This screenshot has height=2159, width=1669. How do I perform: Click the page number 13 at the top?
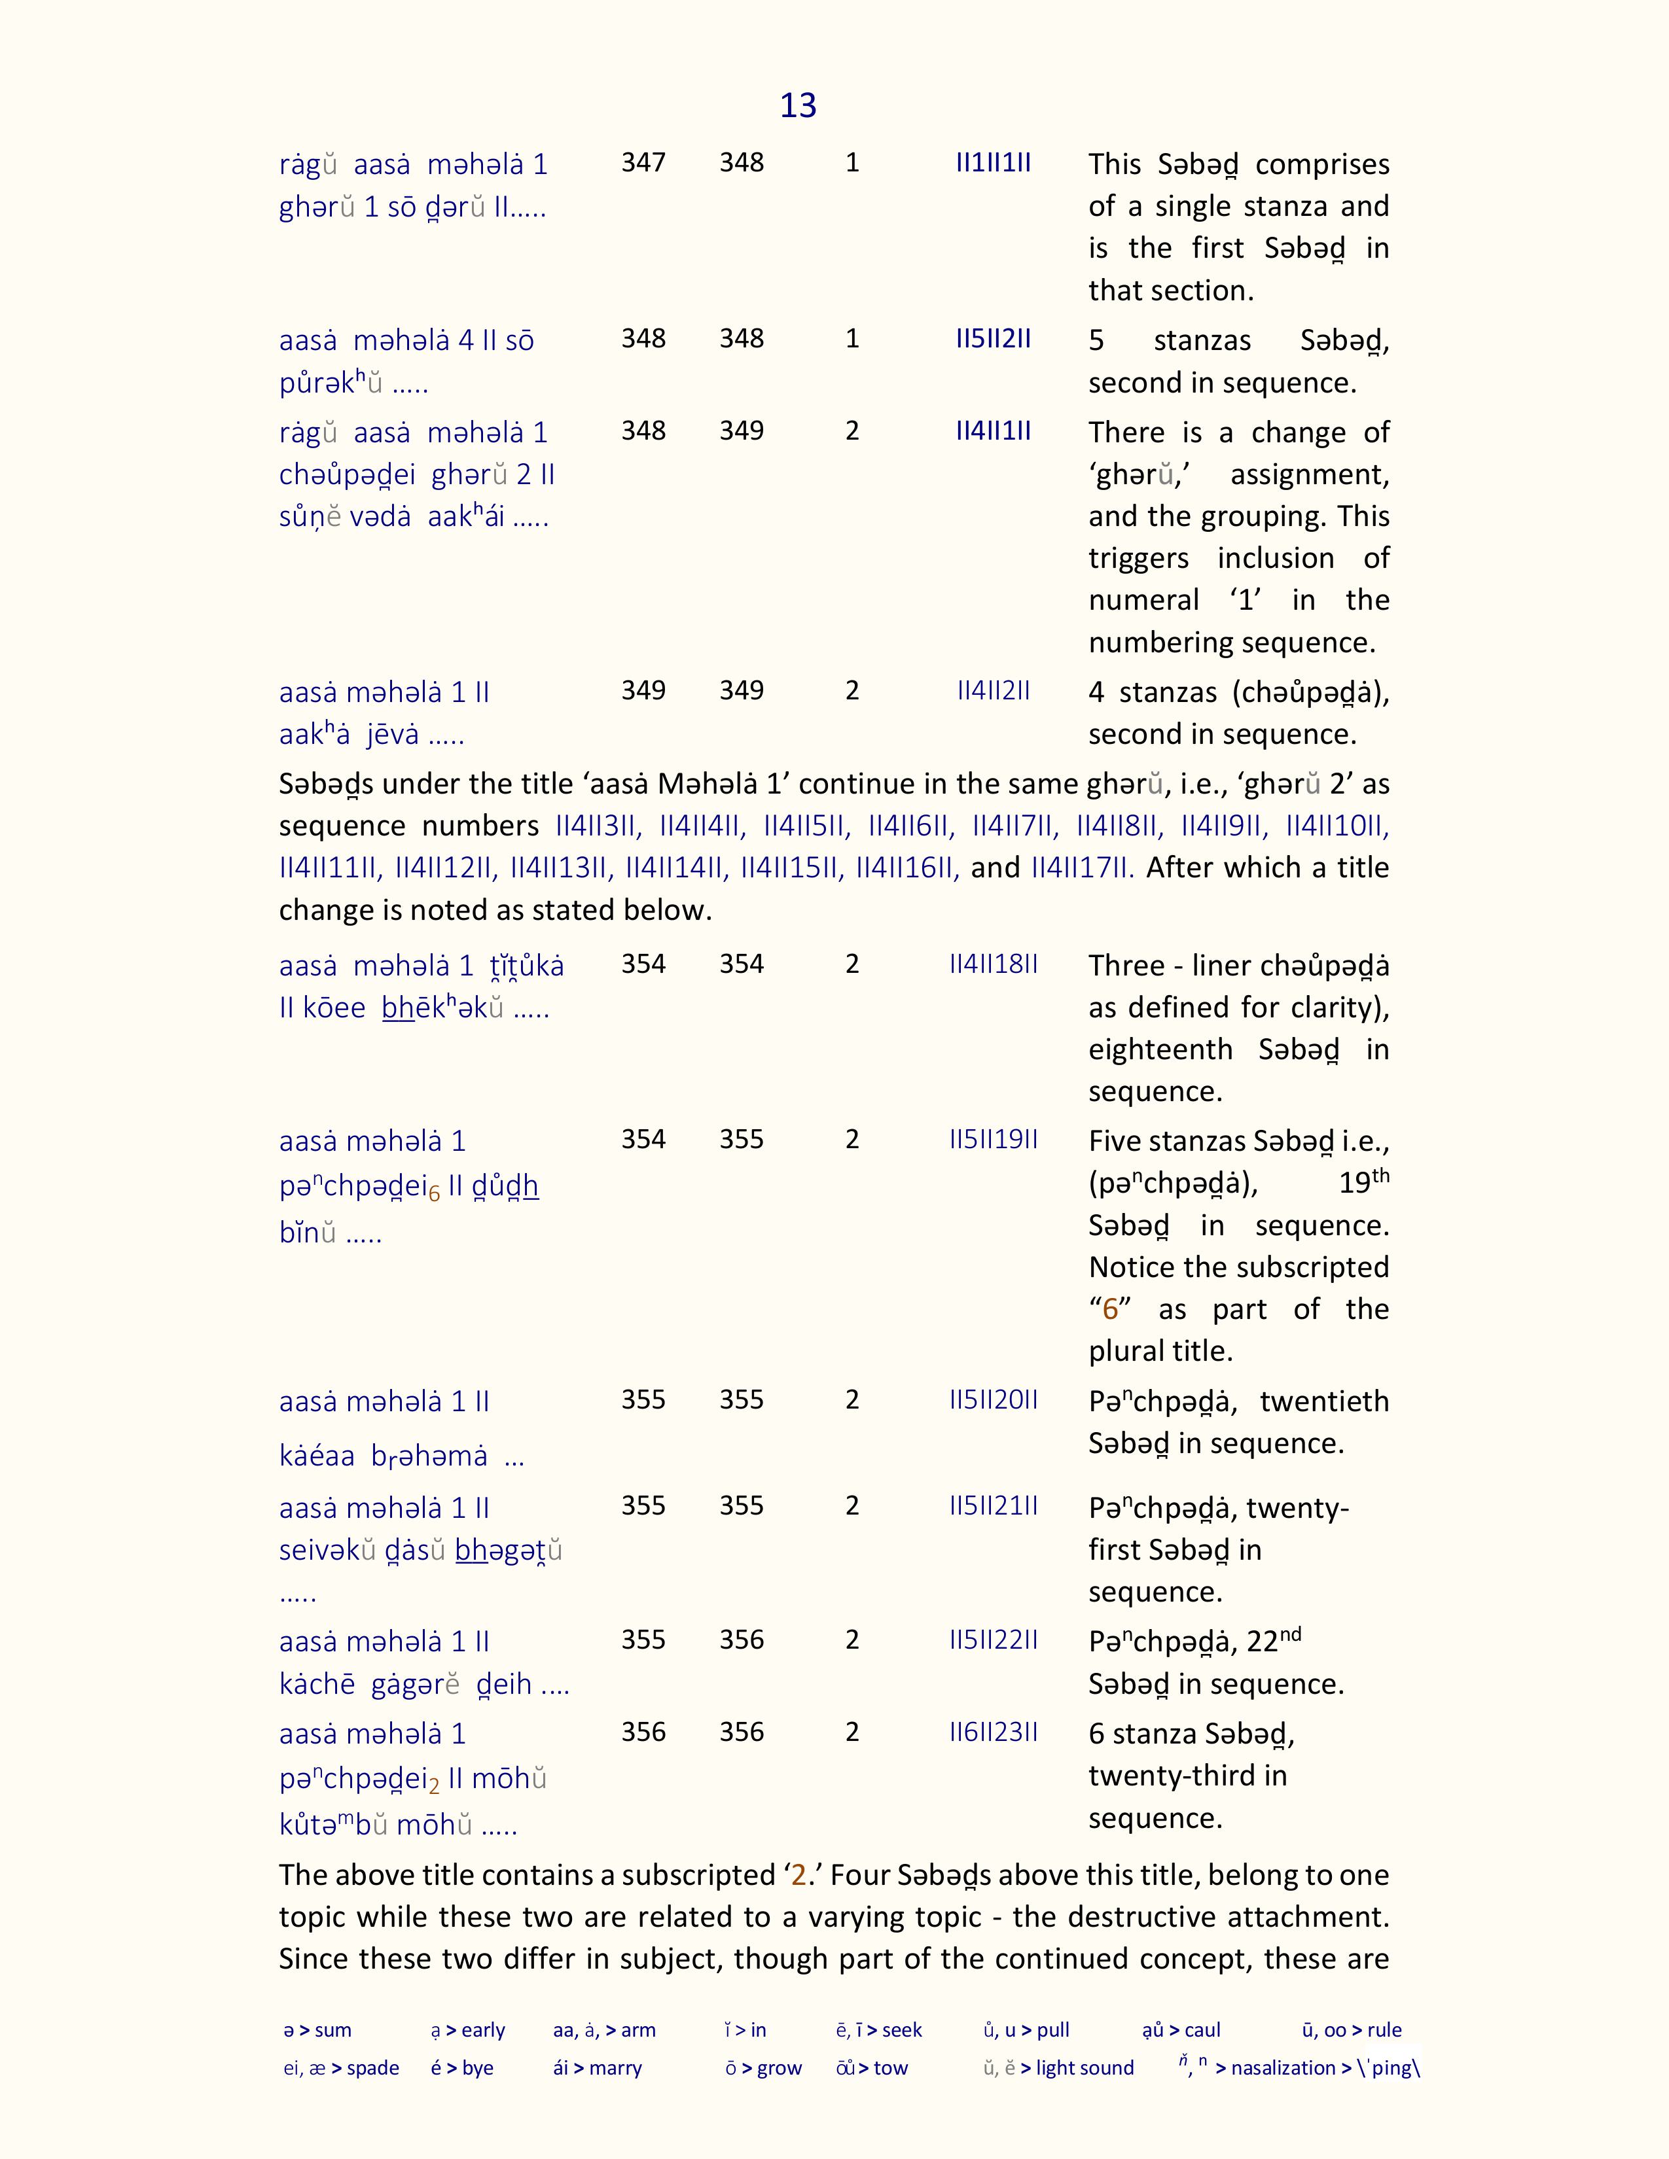tap(798, 105)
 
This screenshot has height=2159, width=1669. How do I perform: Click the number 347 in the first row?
tap(643, 162)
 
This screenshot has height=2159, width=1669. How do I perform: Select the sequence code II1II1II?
tap(993, 162)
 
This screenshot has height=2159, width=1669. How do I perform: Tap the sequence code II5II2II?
tap(993, 338)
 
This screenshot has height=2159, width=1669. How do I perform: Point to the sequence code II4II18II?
tap(993, 964)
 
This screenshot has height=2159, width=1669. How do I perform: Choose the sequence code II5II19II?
tap(993, 1139)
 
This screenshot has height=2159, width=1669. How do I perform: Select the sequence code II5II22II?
tap(993, 1639)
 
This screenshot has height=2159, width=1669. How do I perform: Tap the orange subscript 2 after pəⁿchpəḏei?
tap(433, 1787)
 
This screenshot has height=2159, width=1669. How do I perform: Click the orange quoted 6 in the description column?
tap(1109, 1309)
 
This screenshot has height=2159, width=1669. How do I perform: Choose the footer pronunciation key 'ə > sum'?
tap(317, 2029)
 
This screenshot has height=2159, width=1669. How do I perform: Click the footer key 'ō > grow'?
tap(763, 2068)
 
